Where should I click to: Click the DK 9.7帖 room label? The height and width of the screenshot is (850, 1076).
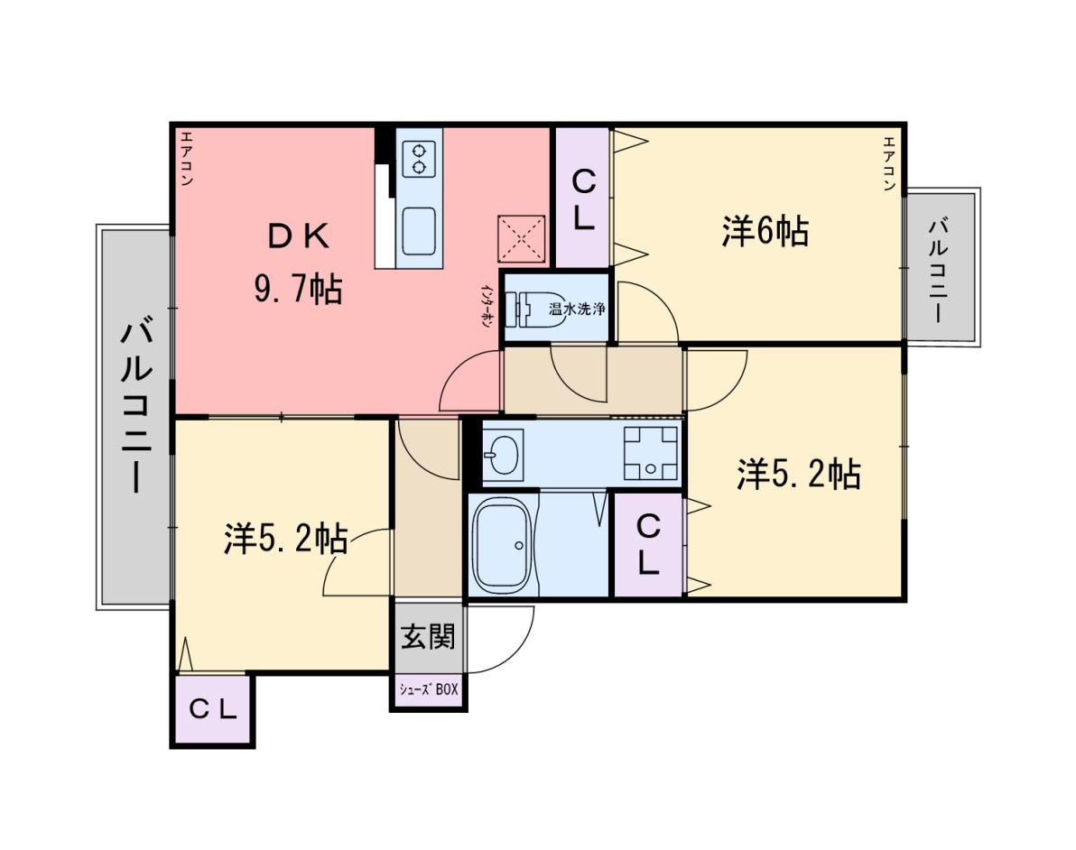pos(298,263)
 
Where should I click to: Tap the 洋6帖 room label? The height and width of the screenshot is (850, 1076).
pos(765,231)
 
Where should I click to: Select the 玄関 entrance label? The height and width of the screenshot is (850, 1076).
pos(428,637)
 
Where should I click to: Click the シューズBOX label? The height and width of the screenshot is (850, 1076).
pos(429,689)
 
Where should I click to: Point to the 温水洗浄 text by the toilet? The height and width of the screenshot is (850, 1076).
pos(577,309)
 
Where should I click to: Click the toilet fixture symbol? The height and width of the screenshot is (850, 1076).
pos(525,310)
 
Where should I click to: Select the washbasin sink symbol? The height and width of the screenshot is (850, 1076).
pos(503,453)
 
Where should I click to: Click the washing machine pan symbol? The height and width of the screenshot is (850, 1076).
pos(651,453)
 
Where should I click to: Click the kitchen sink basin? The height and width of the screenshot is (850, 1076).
pos(419,231)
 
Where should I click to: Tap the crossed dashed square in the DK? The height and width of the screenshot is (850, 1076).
pos(522,239)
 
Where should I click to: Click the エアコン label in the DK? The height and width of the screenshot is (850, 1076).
pos(186,159)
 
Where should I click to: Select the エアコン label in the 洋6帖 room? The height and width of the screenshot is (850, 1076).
pos(889,163)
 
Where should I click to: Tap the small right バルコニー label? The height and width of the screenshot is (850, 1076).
pos(940,270)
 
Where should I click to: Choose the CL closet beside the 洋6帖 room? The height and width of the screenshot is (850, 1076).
pos(582,199)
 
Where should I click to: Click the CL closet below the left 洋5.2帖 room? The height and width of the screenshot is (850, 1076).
pos(213,710)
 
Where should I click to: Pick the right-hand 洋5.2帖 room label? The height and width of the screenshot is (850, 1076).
pos(799,474)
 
